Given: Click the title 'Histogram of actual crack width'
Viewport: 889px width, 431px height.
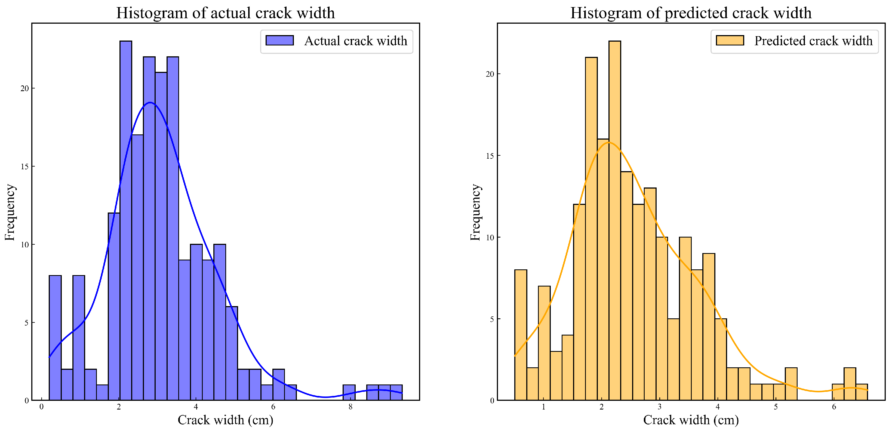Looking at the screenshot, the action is [225, 13].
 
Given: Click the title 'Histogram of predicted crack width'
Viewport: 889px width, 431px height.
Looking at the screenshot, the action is [691, 13].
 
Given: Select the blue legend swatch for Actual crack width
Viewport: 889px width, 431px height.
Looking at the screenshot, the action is [279, 40].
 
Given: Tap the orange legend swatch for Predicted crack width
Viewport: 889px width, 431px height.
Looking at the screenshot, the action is [730, 40].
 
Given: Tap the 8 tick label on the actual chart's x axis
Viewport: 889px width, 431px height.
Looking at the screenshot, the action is [350, 407].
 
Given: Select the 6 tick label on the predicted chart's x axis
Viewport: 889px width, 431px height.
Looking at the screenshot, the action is [834, 407].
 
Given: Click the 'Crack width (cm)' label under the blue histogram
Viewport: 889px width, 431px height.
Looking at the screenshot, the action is [225, 420].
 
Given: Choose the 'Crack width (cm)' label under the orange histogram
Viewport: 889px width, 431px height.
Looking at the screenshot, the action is [691, 420].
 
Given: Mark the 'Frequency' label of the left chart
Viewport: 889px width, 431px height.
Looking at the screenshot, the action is [10, 212].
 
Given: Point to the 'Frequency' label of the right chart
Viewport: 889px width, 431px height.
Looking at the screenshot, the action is [475, 212].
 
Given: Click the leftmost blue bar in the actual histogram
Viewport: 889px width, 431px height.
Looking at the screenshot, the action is [55, 338].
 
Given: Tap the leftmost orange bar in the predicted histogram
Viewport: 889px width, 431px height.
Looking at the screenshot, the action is [521, 335].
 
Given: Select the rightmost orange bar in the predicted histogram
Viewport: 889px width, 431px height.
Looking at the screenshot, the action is [862, 392].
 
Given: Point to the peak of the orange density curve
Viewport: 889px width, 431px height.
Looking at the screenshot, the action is [608, 142].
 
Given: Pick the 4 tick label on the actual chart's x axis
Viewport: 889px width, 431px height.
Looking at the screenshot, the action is [196, 407].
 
